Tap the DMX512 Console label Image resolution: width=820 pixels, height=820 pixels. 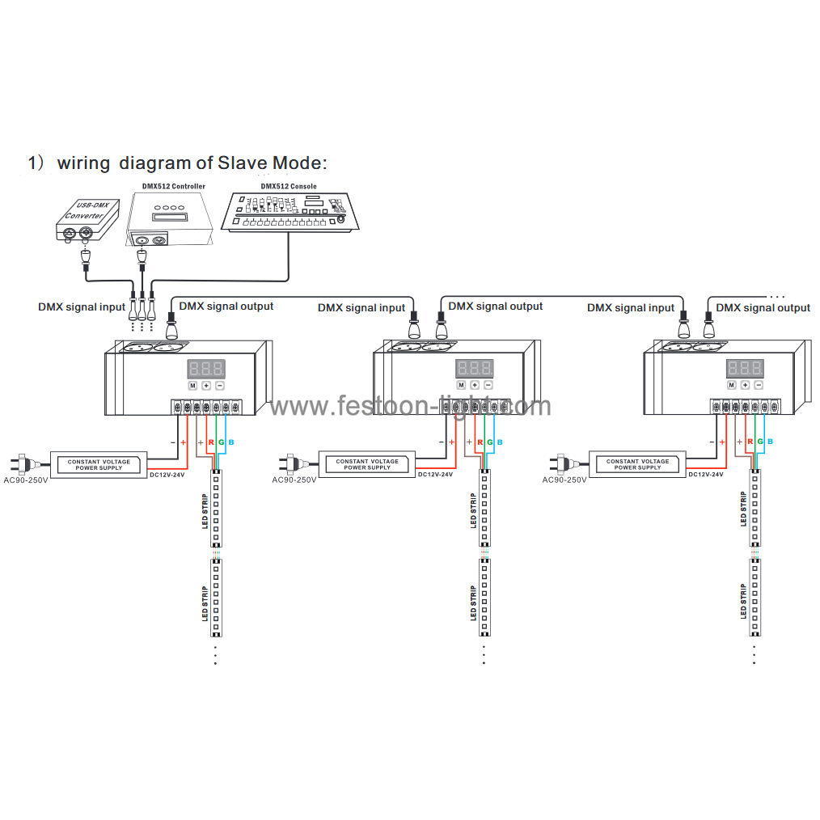(289, 186)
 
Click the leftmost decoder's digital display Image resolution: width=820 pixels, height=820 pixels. (206, 369)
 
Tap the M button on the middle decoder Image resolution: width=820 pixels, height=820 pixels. (462, 386)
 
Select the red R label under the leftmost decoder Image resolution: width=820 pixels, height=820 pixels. (210, 442)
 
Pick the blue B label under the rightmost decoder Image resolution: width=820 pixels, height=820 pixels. (769, 442)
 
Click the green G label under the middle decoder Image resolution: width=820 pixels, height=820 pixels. (490, 442)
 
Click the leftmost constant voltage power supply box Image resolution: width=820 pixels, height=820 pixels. (99, 464)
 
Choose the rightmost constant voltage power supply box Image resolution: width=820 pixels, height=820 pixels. (638, 464)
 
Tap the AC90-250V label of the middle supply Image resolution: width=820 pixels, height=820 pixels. (294, 480)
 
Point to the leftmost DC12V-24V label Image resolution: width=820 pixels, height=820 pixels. (167, 475)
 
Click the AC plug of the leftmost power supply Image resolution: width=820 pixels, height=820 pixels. (22, 464)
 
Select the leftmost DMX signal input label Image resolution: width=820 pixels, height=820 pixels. (82, 307)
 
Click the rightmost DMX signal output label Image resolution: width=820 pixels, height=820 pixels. (763, 307)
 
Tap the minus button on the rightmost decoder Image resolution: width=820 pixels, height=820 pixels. (758, 386)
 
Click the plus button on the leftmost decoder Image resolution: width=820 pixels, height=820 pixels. (206, 386)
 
